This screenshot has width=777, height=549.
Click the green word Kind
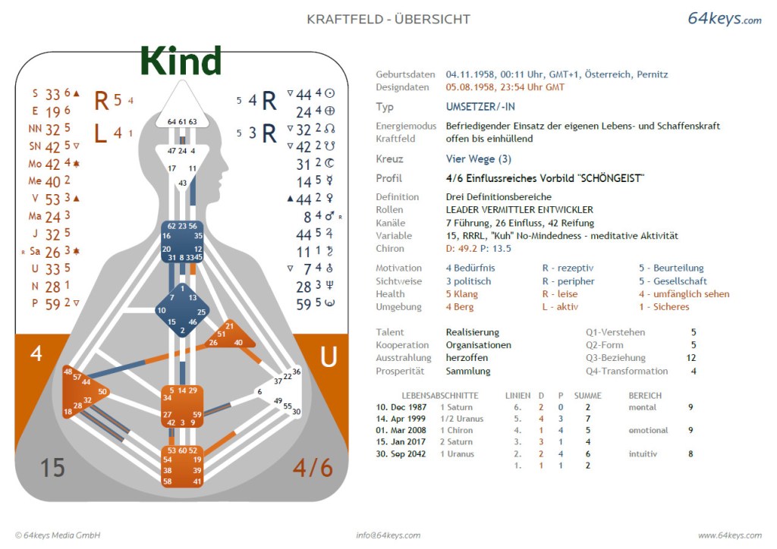(181, 61)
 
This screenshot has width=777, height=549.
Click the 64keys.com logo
(724, 18)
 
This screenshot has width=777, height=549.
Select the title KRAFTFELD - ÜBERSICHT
(388, 19)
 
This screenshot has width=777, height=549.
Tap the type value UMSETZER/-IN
(480, 106)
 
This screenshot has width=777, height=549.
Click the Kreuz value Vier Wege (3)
(478, 159)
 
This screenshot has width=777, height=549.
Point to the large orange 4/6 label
(313, 468)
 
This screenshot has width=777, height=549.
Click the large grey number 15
(52, 468)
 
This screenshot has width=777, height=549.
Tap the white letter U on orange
(329, 356)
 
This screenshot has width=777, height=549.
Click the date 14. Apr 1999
(401, 419)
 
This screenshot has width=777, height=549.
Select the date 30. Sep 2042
(401, 454)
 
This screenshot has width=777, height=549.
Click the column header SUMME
(588, 396)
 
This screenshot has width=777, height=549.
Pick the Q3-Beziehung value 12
(691, 358)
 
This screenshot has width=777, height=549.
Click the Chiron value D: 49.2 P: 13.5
(478, 249)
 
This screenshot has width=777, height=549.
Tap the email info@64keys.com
(388, 535)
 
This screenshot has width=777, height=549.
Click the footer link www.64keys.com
(730, 535)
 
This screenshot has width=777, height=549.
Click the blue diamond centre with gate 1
(182, 310)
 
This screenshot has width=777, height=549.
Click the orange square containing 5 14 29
(182, 406)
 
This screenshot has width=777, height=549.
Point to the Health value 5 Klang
(462, 294)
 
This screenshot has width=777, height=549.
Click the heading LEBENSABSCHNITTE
(440, 396)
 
